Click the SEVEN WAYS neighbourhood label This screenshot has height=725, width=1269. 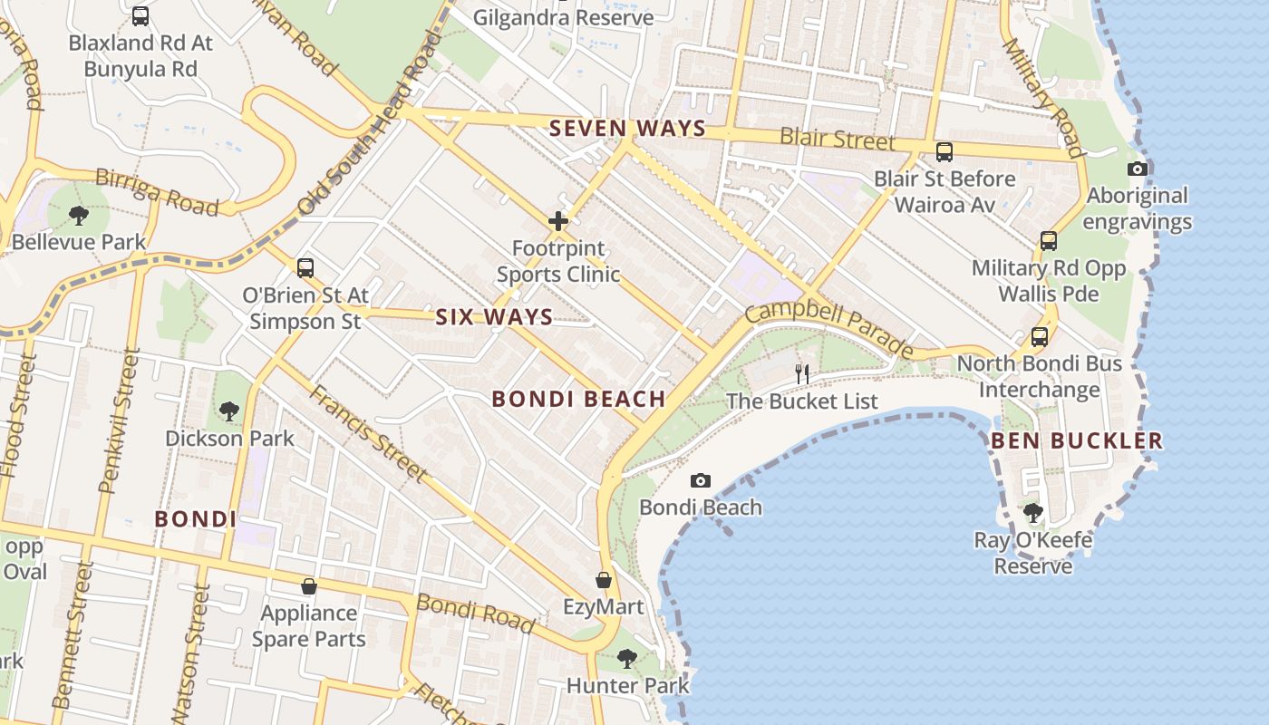point(627,128)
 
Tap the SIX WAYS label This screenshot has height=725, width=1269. point(494,316)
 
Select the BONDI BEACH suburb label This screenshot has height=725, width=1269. point(578,399)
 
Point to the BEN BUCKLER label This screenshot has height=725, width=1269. point(1076,441)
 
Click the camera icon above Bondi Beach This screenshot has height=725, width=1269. point(700,480)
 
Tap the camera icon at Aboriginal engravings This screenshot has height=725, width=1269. point(1137,169)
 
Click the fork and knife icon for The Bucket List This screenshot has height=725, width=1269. point(801,373)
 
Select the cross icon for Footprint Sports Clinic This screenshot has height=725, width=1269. point(558,220)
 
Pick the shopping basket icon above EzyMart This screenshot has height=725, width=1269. point(604,579)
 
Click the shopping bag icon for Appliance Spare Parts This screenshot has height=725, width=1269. point(309,586)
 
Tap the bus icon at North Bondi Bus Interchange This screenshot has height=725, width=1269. point(1039,337)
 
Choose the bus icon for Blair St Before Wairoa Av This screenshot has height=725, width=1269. point(944,151)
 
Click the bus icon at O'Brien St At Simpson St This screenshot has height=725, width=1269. point(305,267)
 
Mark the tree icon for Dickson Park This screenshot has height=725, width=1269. point(229,411)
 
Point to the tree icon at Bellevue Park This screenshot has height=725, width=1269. point(79,216)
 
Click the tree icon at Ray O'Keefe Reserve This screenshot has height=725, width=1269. point(1032,513)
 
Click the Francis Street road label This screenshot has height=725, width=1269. point(367,433)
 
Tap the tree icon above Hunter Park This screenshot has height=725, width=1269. point(626,658)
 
